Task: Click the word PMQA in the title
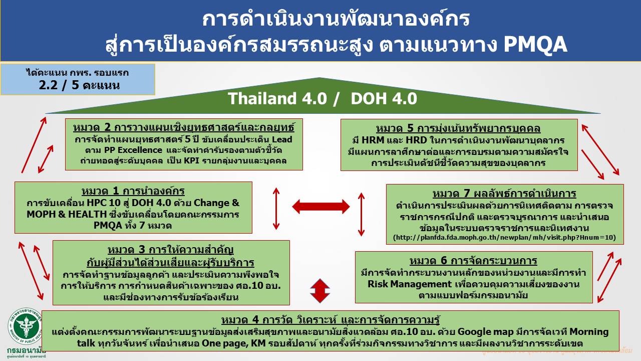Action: click(535, 44)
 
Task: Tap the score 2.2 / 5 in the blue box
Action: click(79, 85)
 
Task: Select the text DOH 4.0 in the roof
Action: click(384, 99)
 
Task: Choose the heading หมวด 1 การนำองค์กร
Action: click(133, 191)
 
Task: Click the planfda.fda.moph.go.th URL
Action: click(504, 237)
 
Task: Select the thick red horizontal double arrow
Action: click(320, 206)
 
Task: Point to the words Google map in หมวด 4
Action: click(480, 332)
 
